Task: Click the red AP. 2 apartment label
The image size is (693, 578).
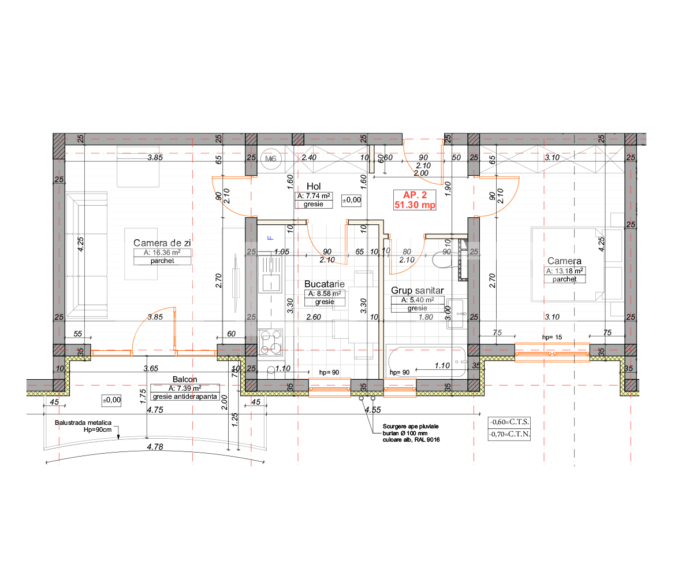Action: pyautogui.click(x=414, y=200)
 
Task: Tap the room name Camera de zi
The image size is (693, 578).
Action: pyautogui.click(x=162, y=243)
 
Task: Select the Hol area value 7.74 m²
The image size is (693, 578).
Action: pyautogui.click(x=314, y=197)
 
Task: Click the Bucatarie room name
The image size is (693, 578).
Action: pyautogui.click(x=325, y=284)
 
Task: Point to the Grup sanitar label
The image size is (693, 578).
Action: pyautogui.click(x=418, y=290)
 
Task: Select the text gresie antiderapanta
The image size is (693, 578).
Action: pyautogui.click(x=185, y=397)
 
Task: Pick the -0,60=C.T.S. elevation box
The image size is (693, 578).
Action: pyautogui.click(x=509, y=422)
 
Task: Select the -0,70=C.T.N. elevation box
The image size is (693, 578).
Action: pyautogui.click(x=509, y=433)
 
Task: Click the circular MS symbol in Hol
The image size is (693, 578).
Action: pyautogui.click(x=270, y=159)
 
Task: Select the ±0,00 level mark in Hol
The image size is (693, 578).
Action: pyautogui.click(x=352, y=200)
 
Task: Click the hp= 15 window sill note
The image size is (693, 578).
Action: pyautogui.click(x=552, y=336)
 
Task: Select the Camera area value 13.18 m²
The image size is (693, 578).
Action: pyautogui.click(x=565, y=271)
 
